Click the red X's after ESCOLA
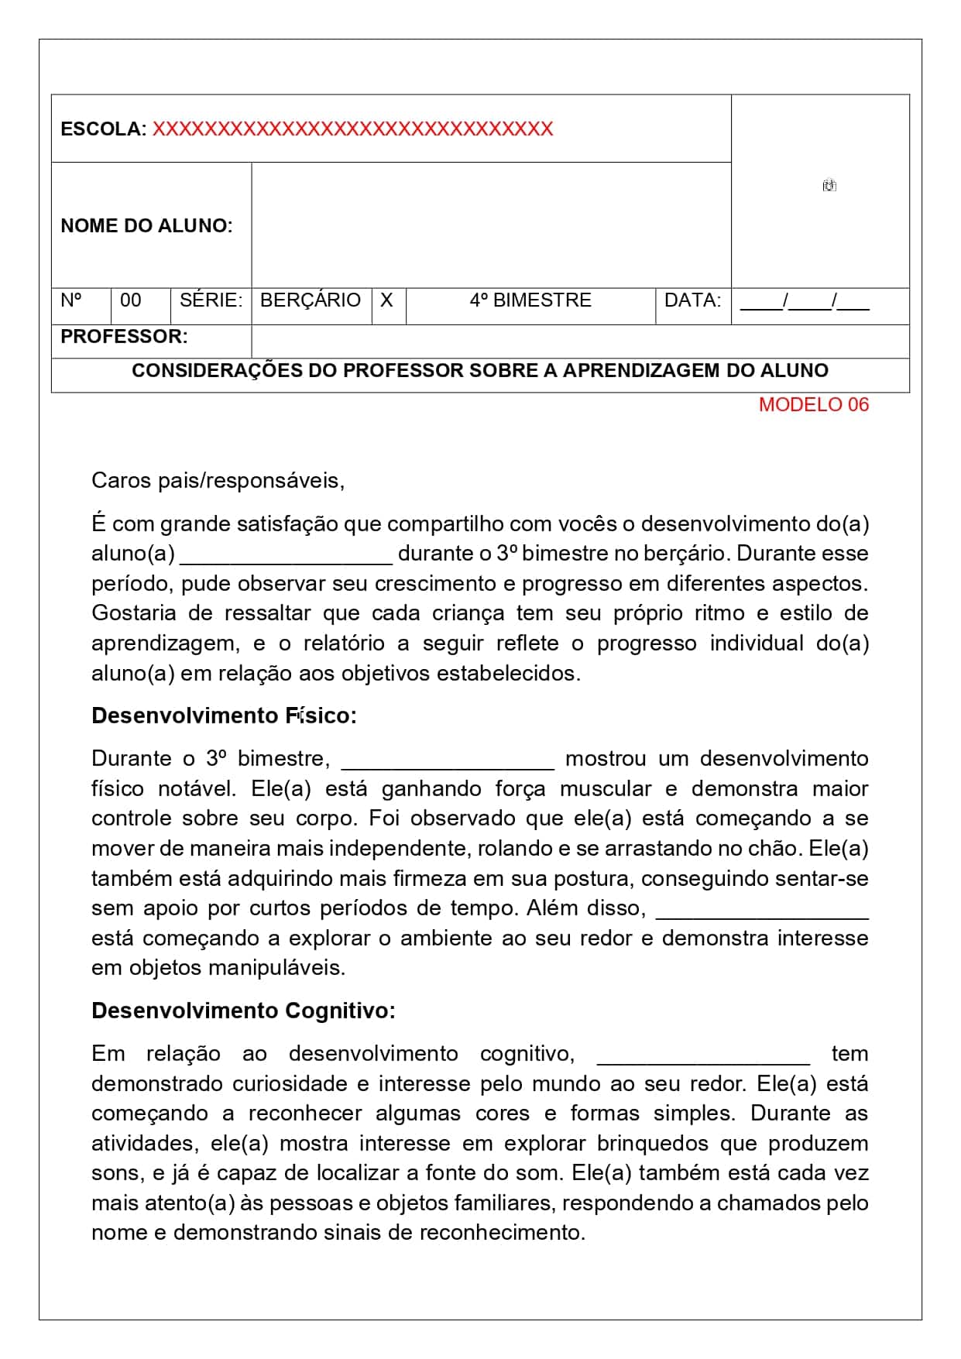click(352, 129)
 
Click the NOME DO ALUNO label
click(146, 226)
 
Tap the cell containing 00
click(131, 300)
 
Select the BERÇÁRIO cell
click(311, 300)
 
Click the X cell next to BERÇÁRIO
click(387, 300)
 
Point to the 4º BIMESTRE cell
click(530, 300)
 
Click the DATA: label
click(692, 300)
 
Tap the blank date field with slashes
click(804, 301)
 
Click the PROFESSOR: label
click(124, 337)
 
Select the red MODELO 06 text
click(813, 404)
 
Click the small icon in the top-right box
click(829, 186)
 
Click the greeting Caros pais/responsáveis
click(218, 481)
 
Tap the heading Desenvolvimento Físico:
click(224, 716)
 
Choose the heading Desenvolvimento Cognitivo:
click(243, 1011)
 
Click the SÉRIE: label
click(211, 300)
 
